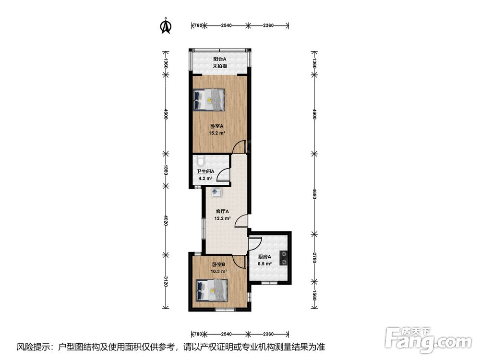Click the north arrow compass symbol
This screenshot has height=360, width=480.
point(166,26)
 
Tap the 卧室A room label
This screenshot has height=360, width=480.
point(217,126)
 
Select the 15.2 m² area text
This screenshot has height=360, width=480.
point(217,133)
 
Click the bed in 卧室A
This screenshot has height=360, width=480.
point(209,100)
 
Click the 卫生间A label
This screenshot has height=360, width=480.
point(205,171)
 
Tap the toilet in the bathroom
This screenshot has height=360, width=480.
point(200,160)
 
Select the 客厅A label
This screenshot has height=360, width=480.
point(223,211)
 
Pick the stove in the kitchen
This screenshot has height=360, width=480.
point(284,258)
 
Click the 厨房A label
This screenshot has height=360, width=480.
point(265,257)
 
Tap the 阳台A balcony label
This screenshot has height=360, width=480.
point(220,59)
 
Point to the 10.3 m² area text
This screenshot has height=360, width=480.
point(219,271)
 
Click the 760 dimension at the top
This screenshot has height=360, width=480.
point(198,25)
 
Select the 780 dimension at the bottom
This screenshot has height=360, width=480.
point(198,334)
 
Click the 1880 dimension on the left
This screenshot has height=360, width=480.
point(165,170)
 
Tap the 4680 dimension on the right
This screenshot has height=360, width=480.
point(314,193)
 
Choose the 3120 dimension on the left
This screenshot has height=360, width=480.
point(165,281)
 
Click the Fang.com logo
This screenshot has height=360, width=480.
point(428,339)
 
